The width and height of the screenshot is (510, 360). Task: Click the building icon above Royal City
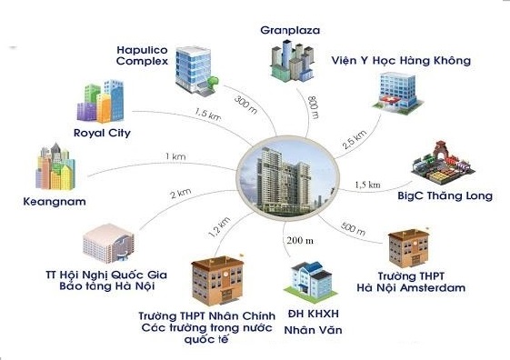(x=103, y=103)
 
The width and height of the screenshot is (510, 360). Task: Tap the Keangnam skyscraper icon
(x=55, y=167)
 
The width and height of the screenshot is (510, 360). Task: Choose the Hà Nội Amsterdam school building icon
(x=408, y=245)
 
